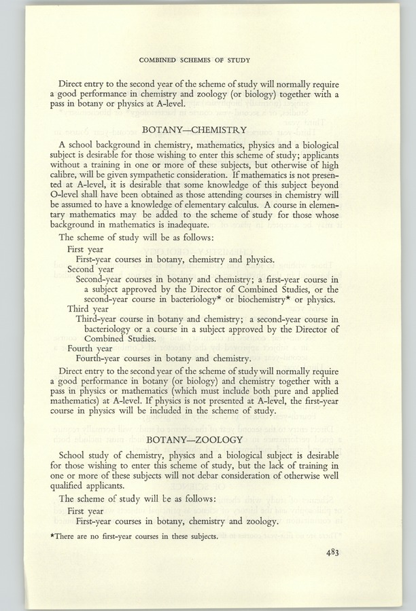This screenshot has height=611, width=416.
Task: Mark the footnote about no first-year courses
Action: [x=140, y=537]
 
